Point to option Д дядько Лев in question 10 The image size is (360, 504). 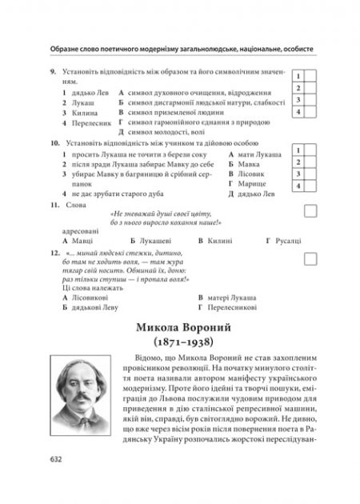click(254, 194)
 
